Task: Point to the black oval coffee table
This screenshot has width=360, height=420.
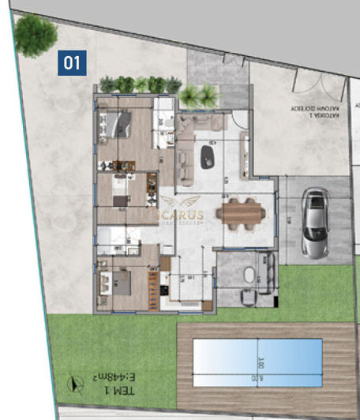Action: point(208,155)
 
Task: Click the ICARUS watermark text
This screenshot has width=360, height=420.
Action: point(178,214)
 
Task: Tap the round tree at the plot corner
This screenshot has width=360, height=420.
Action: point(36,35)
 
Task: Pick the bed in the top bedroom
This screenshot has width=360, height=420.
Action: point(119,125)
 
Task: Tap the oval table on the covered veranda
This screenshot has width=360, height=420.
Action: point(249,276)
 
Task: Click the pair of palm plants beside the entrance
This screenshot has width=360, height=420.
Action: point(199,96)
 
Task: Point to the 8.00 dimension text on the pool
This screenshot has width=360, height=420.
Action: point(258,378)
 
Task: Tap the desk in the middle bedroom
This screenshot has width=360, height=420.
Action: point(120,200)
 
